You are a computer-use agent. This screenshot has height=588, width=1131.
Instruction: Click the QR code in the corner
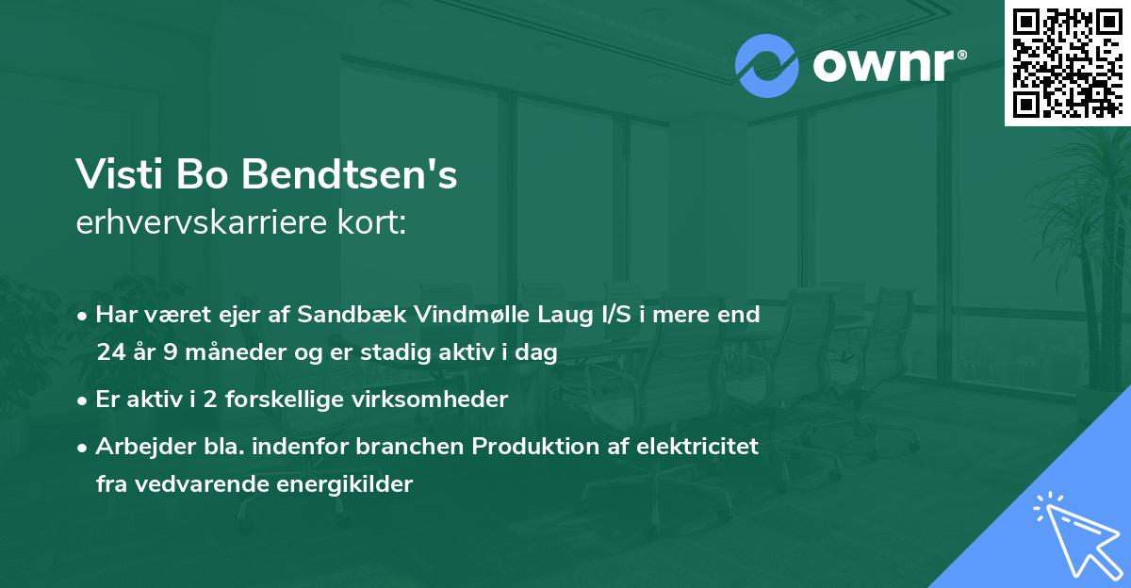[x=1067, y=63]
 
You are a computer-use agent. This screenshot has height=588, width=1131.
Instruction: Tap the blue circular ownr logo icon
[x=767, y=66]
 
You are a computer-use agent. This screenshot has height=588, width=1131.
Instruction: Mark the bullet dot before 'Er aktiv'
[x=84, y=400]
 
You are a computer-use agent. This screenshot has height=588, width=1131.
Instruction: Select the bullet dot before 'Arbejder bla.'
[x=84, y=447]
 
